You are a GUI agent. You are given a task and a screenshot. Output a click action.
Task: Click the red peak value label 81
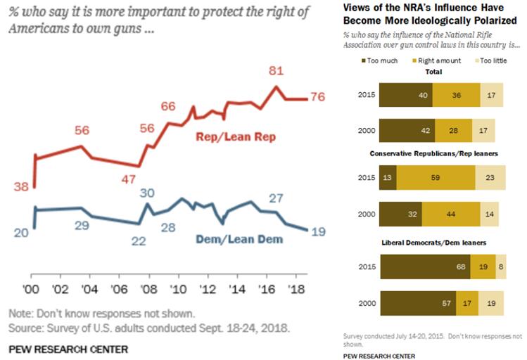(x=277, y=72)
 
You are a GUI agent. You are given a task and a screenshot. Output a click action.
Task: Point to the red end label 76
(x=317, y=97)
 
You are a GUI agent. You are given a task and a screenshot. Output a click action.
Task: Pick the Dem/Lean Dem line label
(x=237, y=239)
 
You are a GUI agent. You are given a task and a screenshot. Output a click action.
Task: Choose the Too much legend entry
(x=380, y=60)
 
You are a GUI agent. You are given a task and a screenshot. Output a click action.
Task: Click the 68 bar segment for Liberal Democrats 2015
(x=424, y=267)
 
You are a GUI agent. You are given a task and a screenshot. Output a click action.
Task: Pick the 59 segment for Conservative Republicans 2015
(x=436, y=178)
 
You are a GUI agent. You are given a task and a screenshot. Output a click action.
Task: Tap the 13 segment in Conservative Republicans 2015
(x=388, y=178)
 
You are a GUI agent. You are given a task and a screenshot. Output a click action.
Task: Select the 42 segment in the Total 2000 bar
(x=407, y=129)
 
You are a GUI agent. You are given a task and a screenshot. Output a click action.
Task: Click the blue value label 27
(x=276, y=198)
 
